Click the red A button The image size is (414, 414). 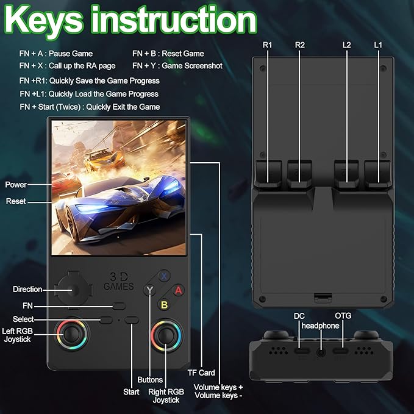179,290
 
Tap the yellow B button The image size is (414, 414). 164,305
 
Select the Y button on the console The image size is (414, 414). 150,290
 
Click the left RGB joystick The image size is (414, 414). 71,334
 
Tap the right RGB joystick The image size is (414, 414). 166,335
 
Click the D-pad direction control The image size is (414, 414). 74,290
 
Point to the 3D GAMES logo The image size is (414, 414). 119,282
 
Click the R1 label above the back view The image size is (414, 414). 267,45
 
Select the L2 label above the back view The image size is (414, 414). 347,45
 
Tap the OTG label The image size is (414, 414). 343,316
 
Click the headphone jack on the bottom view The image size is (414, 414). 321,352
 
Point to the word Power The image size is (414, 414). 16,185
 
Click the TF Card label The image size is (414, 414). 201,373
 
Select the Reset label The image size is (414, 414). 16,201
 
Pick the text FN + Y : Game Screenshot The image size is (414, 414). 177,66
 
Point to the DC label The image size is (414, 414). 299,316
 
